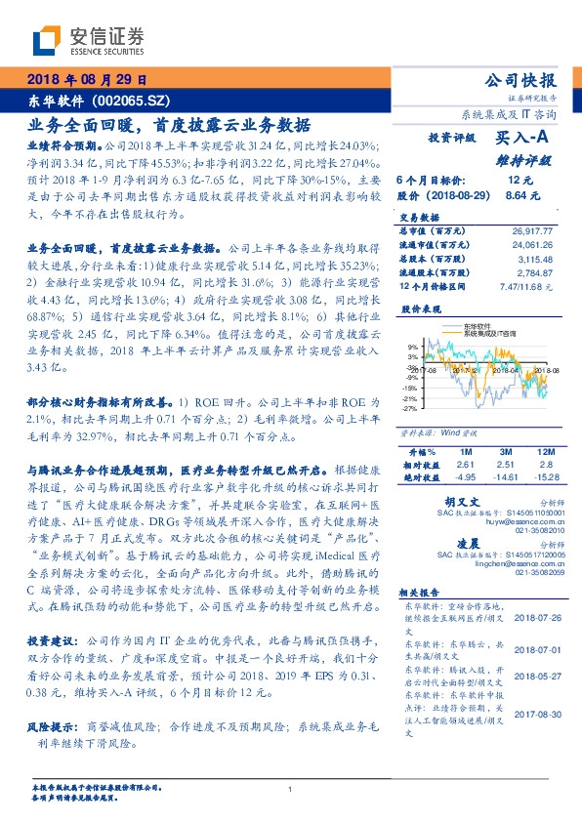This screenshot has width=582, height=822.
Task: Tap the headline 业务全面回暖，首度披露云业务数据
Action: (169, 125)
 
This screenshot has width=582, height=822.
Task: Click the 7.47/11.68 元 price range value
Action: (526, 287)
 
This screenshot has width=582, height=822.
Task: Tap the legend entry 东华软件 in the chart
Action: (479, 327)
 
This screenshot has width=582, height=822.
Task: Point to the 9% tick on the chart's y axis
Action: (413, 347)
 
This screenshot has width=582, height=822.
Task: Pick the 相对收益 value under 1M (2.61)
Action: (464, 466)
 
